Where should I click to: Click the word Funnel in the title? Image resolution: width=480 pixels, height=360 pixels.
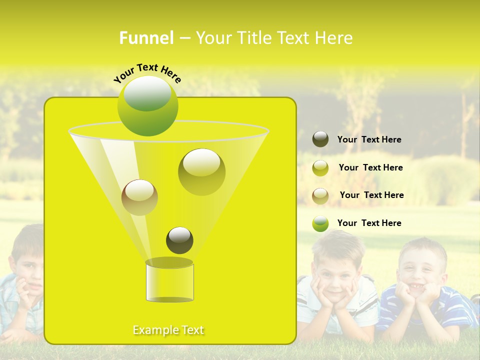[146, 38]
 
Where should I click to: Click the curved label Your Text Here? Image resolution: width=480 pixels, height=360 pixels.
[147, 73]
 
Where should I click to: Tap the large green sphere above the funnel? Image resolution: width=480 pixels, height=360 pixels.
[147, 106]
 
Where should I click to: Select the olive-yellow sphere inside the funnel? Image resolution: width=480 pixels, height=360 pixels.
[201, 172]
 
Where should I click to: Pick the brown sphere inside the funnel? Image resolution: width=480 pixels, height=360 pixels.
[139, 197]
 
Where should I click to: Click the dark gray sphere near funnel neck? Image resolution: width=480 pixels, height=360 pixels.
[179, 240]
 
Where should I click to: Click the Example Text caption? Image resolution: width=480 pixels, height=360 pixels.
[168, 330]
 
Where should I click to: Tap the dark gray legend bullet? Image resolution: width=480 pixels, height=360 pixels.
[320, 139]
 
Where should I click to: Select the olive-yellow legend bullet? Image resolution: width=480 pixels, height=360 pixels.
[320, 168]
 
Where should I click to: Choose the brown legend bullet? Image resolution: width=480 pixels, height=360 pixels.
[320, 196]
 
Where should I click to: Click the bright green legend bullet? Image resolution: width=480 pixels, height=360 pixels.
[320, 223]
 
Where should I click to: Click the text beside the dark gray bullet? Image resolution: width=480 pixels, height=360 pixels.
[369, 139]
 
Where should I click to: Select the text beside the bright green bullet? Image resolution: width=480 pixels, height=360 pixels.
[369, 223]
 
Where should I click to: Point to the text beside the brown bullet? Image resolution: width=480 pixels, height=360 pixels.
[371, 195]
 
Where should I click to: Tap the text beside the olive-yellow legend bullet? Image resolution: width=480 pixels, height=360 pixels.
[370, 167]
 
